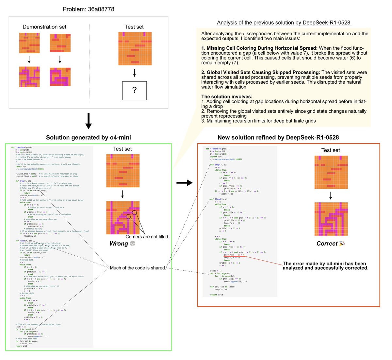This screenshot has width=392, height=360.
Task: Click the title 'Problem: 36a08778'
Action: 88,9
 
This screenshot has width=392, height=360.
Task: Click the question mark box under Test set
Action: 134,90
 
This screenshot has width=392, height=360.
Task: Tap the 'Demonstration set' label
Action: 44,27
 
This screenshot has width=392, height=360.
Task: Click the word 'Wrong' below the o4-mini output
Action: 119,243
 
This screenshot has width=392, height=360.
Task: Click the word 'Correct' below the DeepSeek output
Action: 327,243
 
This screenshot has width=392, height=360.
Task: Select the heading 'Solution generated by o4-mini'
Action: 88,137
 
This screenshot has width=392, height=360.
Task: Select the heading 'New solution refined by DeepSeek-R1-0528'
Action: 278,137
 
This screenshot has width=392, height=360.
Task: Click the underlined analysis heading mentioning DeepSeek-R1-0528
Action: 283,23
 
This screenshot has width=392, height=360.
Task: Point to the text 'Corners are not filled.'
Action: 147,236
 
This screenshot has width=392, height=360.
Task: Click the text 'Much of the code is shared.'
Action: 138,268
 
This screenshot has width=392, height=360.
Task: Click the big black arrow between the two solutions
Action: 184,183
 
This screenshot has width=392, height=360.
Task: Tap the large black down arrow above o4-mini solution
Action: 88,121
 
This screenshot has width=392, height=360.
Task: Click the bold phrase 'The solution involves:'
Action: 227,96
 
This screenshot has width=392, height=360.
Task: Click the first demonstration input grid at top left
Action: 29,43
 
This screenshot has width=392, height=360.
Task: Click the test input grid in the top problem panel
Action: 135,48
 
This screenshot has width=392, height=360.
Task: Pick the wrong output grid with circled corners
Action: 123,217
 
